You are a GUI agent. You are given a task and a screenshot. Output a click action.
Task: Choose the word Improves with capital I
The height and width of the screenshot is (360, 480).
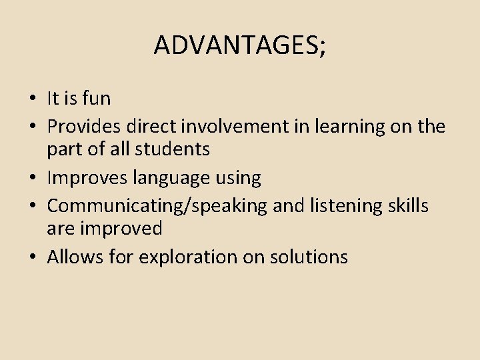point(87,178)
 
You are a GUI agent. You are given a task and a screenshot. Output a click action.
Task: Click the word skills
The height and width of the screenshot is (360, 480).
point(407,205)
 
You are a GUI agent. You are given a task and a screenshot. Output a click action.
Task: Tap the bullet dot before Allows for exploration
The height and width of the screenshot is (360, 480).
point(32,258)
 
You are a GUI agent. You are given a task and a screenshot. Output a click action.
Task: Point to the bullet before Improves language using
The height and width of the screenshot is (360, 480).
point(32,179)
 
